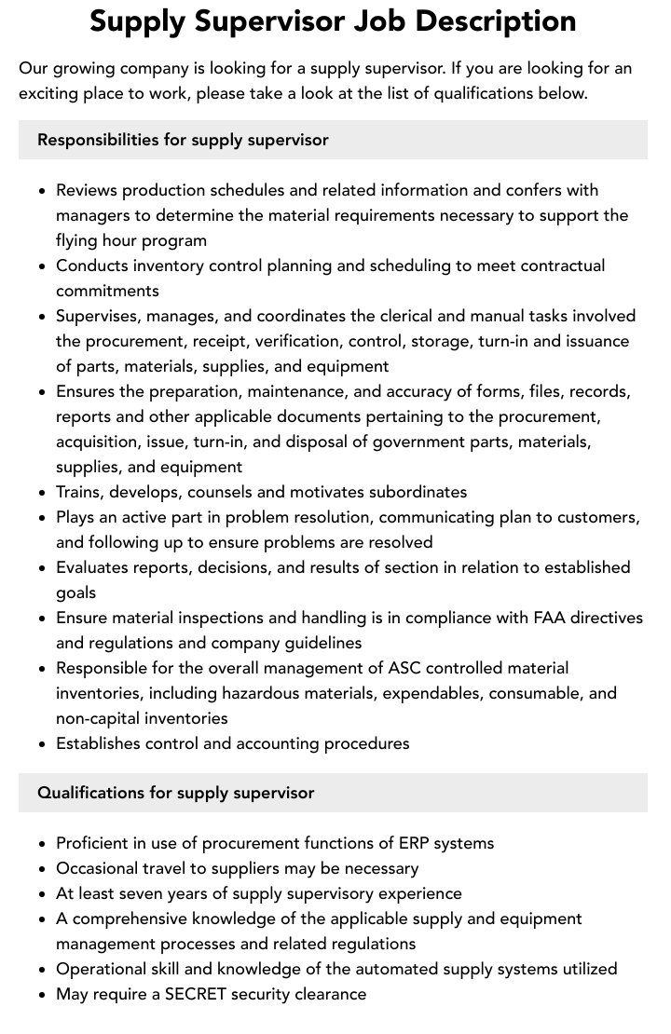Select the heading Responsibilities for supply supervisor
pos(183,140)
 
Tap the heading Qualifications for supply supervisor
pos(175,793)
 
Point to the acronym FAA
pos(549,618)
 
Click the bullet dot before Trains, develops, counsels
pos(42,493)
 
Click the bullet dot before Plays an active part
pos(42,518)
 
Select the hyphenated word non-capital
pos(101,718)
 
